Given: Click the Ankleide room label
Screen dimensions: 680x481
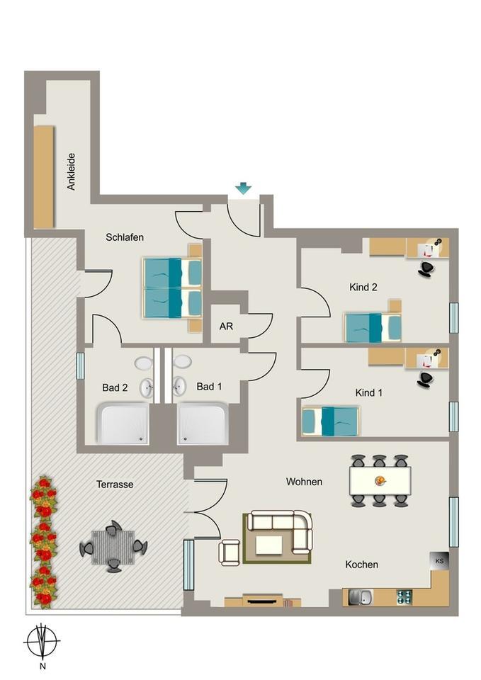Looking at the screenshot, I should coord(71,173).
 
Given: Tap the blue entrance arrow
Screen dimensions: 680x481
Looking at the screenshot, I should coord(243,188).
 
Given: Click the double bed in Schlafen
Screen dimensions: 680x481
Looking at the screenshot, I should coord(172,288).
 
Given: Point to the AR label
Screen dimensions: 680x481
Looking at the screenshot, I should coord(226,327).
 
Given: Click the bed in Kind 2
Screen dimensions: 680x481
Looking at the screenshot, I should coord(373,327).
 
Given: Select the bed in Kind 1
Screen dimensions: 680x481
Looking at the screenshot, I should coord(330,421).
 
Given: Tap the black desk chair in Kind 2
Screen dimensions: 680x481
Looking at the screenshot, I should coord(426,268).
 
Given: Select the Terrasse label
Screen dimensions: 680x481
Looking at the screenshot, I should coord(115,484).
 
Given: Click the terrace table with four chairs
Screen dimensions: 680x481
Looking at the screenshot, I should coord(113,547).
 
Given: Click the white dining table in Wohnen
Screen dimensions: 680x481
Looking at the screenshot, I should coord(380,480).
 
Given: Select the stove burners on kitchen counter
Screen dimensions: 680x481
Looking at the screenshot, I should coord(404,597).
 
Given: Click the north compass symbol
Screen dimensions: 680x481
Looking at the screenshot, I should coord(42,642).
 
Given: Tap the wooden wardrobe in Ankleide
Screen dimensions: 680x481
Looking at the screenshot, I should coord(44,176).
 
